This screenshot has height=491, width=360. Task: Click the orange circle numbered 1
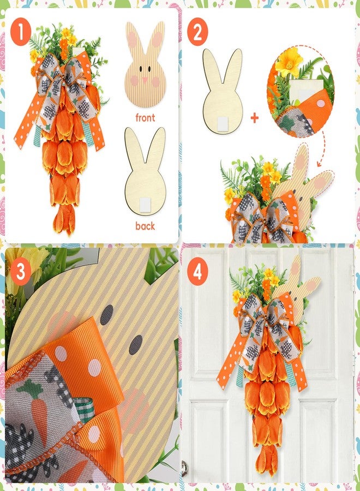(x=21, y=32)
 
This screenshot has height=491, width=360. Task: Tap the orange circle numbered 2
(x=197, y=32)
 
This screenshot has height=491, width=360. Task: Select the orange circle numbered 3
(x=21, y=271)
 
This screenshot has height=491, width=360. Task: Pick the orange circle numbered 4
(x=197, y=271)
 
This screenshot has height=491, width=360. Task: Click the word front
(x=145, y=117)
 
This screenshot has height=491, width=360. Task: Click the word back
(x=145, y=225)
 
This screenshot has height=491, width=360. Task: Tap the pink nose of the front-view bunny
(x=145, y=80)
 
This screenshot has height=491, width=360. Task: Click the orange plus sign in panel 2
(x=255, y=118)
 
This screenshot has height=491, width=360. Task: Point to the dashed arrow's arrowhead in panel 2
(x=319, y=164)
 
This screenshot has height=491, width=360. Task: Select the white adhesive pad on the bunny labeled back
(x=145, y=205)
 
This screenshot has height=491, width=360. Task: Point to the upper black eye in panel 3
(x=107, y=314)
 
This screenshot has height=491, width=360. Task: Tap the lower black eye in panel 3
(x=136, y=344)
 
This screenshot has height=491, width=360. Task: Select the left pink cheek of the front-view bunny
(x=135, y=81)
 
